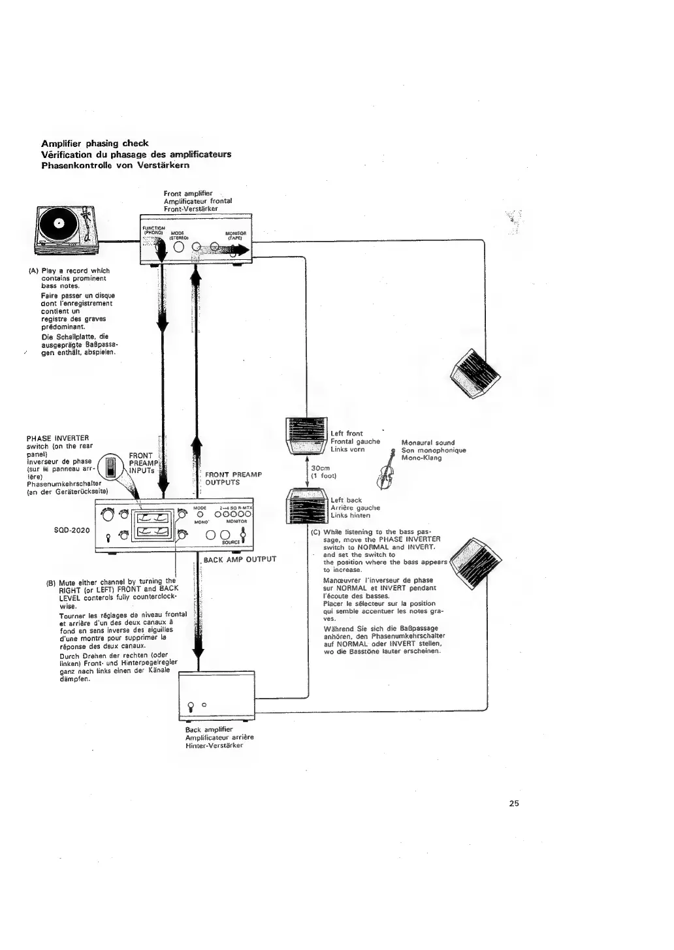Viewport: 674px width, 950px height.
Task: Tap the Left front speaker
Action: coord(308,436)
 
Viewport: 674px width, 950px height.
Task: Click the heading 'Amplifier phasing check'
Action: coord(95,143)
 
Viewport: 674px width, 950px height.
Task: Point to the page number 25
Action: coord(513,804)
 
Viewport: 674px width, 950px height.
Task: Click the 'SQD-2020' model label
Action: coord(71,530)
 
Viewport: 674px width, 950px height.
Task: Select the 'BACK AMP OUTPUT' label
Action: coord(240,560)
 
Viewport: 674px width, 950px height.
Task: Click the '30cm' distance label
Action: coord(321,468)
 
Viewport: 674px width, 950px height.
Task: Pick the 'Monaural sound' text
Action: coord(428,443)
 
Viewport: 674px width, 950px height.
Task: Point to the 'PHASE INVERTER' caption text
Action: coord(57,438)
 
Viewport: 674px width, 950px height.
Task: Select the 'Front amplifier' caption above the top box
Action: coord(188,193)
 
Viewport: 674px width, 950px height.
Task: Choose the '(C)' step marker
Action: coord(315,531)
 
